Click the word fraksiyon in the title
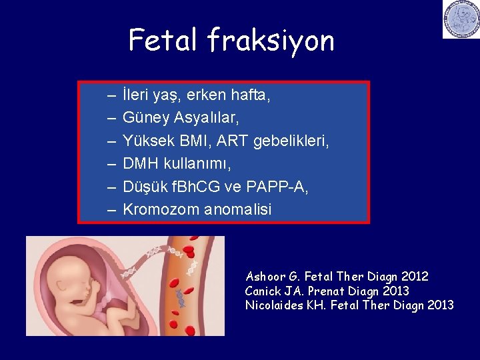270,41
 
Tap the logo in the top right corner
461,19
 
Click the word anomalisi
238,209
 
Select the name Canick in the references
262,291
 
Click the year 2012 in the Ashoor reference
414,276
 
